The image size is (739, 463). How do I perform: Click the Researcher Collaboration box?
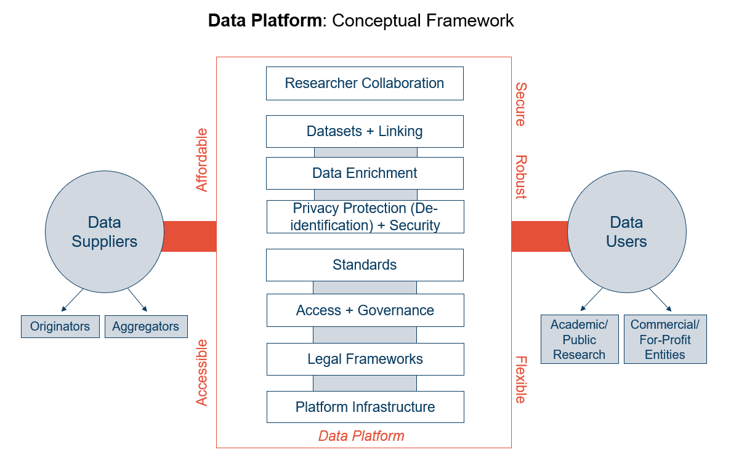[365, 84]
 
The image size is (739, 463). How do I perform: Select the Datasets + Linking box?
[365, 131]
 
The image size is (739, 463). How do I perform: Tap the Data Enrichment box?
[365, 173]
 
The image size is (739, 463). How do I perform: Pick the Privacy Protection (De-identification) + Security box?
[365, 217]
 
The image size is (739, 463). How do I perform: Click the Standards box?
[365, 265]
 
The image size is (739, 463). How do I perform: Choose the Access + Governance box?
[365, 310]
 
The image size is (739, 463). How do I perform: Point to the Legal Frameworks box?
[365, 359]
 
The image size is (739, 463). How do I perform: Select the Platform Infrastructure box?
[365, 407]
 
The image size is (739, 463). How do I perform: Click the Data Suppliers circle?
[104, 231]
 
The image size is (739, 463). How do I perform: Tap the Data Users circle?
[626, 231]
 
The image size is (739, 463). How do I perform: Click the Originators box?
[60, 326]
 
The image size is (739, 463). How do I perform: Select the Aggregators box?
[145, 326]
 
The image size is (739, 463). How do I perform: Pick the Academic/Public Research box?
[579, 339]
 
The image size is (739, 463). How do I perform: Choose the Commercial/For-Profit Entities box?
[664, 339]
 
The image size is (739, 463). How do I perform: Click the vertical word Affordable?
[202, 160]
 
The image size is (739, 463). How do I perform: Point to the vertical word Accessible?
[202, 372]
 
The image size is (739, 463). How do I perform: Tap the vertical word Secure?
[520, 104]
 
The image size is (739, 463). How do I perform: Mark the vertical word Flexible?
[520, 380]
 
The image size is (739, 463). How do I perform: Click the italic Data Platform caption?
[361, 437]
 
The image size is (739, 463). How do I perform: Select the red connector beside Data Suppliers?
[190, 236]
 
